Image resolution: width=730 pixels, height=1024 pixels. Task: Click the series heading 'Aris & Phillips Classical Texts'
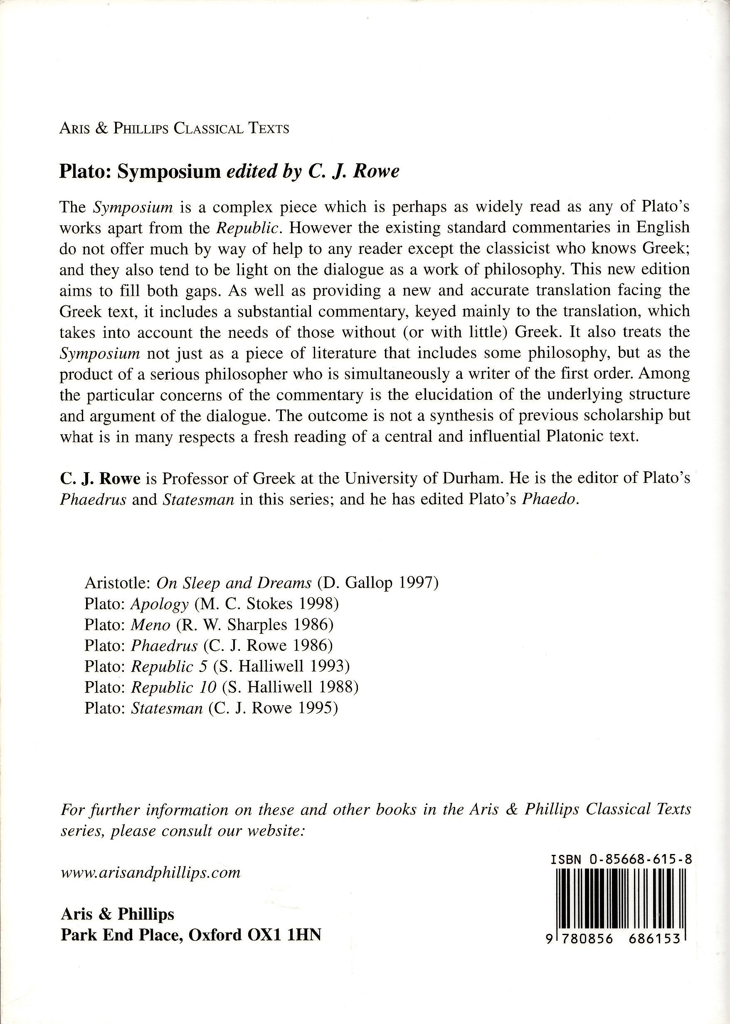(174, 129)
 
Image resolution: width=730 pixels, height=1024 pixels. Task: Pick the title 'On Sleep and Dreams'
(234, 583)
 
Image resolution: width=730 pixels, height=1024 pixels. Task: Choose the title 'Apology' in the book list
(160, 604)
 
